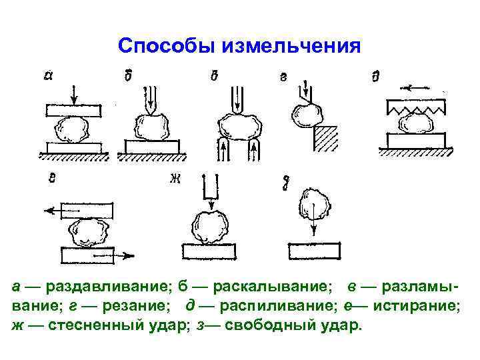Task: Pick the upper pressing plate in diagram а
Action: click(73, 109)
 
